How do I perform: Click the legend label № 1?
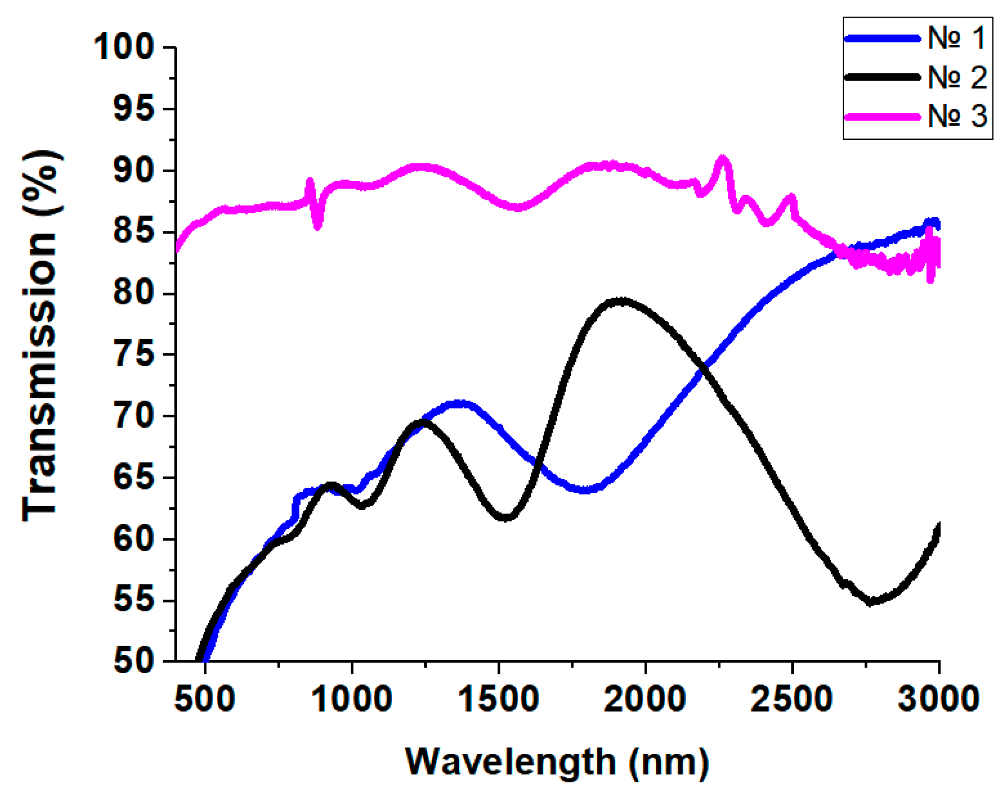[x=956, y=38]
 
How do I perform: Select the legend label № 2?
[x=957, y=77]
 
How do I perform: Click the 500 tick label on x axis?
[x=205, y=699]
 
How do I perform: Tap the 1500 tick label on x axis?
[x=499, y=699]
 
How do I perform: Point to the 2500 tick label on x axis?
[x=792, y=699]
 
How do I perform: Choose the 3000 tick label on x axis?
[x=939, y=699]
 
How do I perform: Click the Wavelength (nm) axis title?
[x=557, y=763]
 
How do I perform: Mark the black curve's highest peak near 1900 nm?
[x=621, y=301]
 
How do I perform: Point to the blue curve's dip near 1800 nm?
[x=586, y=490]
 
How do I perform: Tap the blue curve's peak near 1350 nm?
[x=459, y=403]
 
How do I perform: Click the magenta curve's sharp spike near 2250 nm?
[x=722, y=158]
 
